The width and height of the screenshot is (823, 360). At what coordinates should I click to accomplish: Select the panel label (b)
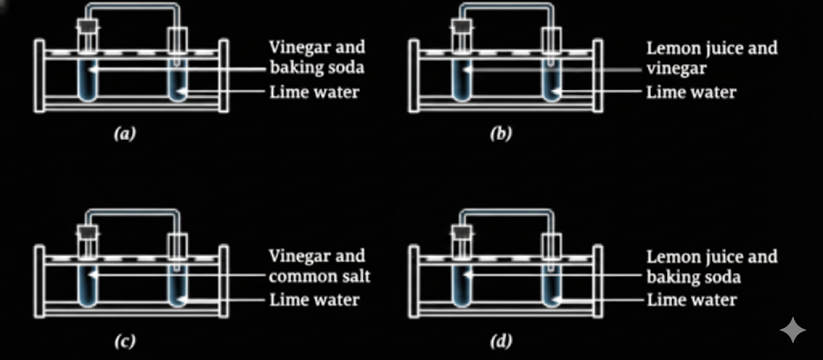(501, 133)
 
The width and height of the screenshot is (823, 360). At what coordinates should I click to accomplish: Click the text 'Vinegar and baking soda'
(316, 58)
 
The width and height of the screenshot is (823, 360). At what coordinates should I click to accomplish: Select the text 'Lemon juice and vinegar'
(711, 58)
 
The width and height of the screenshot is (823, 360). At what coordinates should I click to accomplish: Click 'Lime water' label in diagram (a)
(314, 92)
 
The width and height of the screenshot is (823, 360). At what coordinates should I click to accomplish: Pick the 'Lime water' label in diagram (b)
(691, 92)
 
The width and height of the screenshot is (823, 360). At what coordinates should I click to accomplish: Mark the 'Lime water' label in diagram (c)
(314, 301)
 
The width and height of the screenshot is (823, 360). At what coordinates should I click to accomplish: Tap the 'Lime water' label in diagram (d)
(691, 301)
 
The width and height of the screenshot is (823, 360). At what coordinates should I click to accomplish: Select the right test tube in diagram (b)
(551, 76)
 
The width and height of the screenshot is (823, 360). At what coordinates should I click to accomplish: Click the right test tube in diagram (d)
(551, 285)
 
